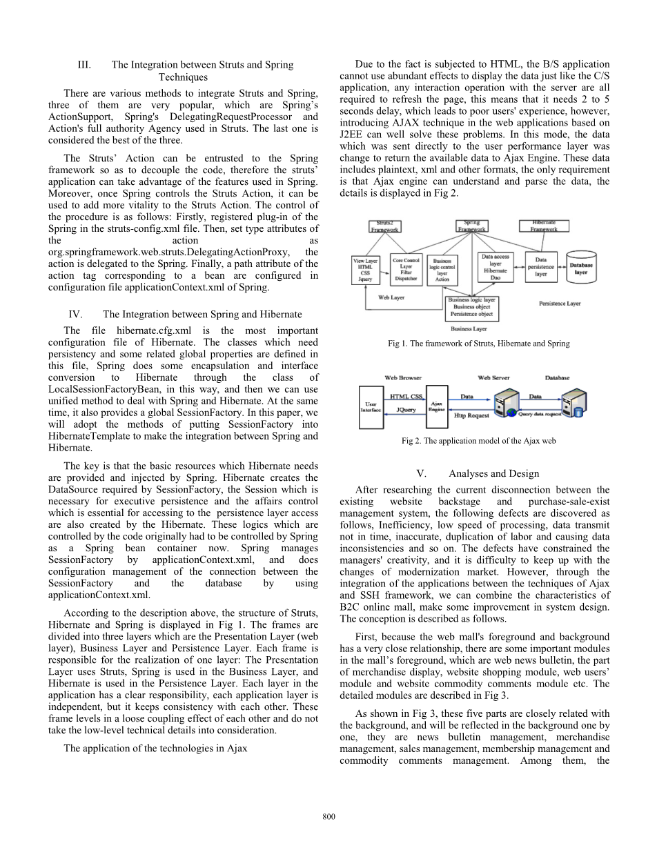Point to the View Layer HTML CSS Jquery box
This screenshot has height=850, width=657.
(365, 270)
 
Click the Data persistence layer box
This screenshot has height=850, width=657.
(541, 266)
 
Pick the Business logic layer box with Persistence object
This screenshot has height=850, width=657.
(471, 307)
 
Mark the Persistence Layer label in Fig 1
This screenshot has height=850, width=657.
(559, 304)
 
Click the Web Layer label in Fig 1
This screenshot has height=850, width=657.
(391, 297)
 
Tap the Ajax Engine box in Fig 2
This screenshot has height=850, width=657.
(437, 406)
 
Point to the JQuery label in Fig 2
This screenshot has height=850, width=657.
(406, 409)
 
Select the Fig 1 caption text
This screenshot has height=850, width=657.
(479, 343)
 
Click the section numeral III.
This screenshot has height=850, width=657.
(84, 65)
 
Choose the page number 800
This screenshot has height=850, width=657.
(328, 817)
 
